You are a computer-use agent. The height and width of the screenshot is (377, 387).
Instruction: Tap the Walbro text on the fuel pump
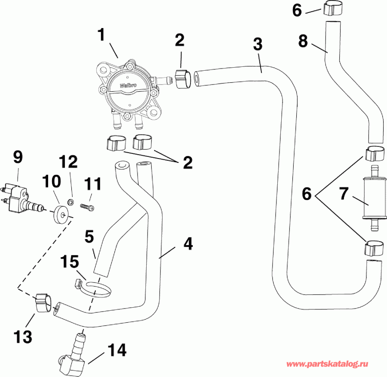128,85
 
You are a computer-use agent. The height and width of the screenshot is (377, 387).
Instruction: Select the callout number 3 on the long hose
257,44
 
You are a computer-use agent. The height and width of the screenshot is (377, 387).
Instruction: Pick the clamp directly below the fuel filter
372,248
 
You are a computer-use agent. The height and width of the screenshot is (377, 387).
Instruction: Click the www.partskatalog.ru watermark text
327,364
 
